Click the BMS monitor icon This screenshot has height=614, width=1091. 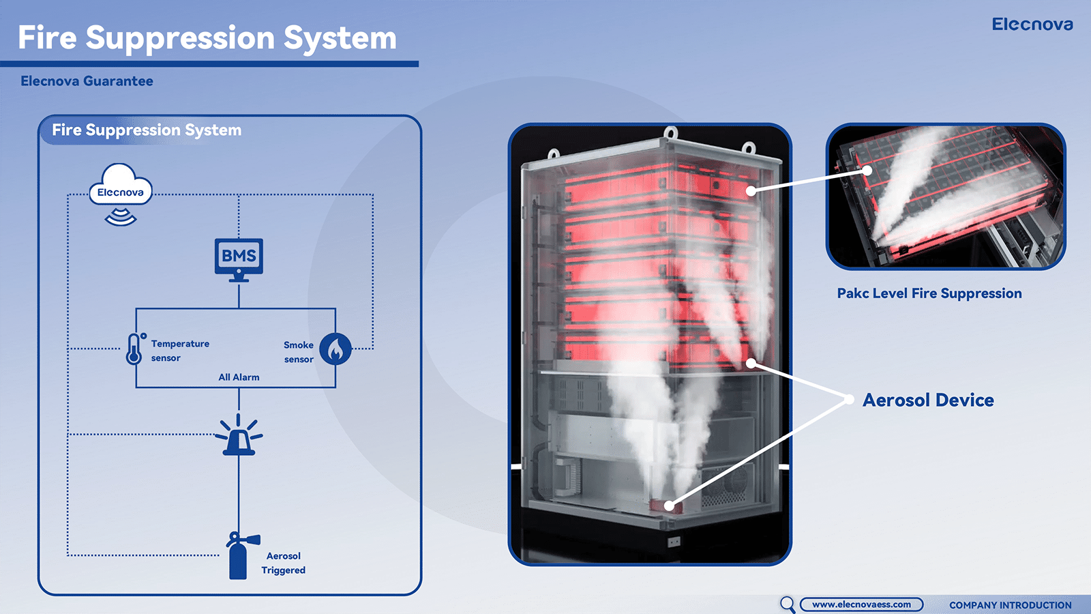[x=239, y=259]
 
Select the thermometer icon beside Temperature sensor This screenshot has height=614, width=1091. [x=134, y=349]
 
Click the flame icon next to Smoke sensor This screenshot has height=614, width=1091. [x=335, y=349]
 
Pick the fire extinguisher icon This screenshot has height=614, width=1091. [x=239, y=556]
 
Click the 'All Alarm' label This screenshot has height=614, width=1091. [x=239, y=377]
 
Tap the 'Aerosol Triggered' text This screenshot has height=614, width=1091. [x=284, y=564]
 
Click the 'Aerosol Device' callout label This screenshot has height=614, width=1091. [x=928, y=400]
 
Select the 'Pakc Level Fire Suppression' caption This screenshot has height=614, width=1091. [x=929, y=293]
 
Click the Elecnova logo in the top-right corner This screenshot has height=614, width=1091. [x=1032, y=25]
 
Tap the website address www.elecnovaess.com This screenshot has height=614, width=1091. [x=861, y=604]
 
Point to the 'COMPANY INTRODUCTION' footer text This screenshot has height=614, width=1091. [x=1010, y=605]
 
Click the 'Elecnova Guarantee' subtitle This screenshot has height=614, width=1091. [x=87, y=81]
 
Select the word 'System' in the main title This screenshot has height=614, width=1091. [x=340, y=38]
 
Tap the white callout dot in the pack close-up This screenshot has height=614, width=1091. [x=867, y=171]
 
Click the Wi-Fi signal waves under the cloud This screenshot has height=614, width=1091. [x=121, y=218]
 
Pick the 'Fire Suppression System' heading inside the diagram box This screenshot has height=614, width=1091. [x=147, y=130]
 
